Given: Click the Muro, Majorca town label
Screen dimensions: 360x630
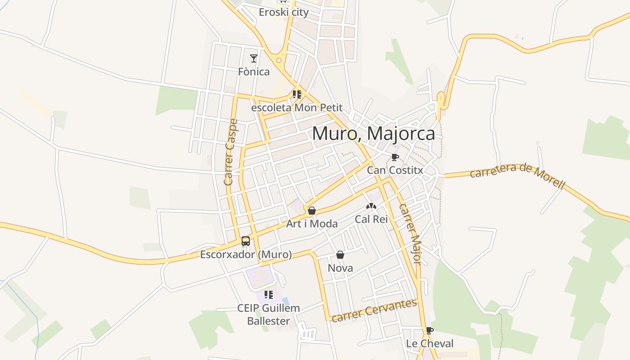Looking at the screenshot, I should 373,134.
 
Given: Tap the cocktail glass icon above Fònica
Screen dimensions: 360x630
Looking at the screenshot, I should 254,58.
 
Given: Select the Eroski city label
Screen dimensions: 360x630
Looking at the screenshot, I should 283,12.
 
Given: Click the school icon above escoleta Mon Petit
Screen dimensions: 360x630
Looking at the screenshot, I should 297,94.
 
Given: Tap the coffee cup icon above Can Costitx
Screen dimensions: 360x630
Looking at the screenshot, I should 395,157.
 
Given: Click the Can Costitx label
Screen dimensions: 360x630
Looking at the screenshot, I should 395,170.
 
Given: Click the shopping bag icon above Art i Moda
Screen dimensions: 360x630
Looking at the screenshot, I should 311,210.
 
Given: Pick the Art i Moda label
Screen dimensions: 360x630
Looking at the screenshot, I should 312,223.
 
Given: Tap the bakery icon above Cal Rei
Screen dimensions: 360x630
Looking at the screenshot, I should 371,206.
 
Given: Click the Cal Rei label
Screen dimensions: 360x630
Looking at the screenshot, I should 371,219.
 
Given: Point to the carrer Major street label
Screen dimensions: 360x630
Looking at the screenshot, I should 410,234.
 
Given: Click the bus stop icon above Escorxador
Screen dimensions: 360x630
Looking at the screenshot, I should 246,241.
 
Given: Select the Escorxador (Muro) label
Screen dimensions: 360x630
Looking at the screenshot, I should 246,255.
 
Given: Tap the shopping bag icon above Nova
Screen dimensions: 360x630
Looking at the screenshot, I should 340,255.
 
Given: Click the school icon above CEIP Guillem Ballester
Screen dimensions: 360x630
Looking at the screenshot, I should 269,295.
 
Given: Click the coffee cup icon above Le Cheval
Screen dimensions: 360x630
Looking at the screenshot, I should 429,330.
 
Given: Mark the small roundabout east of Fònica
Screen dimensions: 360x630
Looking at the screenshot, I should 279,60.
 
